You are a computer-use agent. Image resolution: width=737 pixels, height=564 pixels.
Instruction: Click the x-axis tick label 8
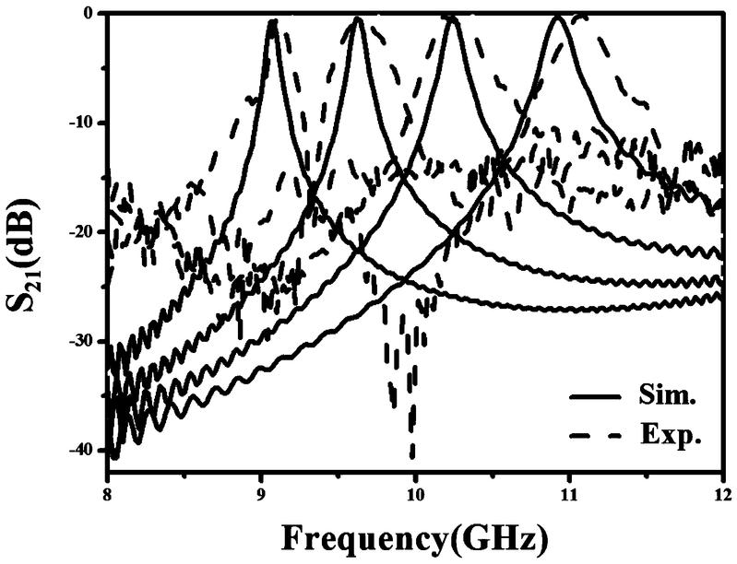[x=108, y=492]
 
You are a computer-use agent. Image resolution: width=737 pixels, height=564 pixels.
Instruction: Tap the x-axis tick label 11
[x=568, y=492]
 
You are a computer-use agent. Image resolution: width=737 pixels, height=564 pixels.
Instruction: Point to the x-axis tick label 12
[x=721, y=492]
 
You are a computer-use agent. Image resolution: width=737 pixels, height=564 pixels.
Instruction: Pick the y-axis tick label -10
[x=81, y=122]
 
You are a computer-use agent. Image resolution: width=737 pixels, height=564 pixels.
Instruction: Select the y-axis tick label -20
[x=81, y=231]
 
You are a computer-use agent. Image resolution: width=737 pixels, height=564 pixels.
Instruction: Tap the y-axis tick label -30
[x=81, y=340]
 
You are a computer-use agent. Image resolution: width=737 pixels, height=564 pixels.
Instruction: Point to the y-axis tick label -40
[x=81, y=449]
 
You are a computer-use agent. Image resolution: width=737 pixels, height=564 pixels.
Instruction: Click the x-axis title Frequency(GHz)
[x=414, y=536]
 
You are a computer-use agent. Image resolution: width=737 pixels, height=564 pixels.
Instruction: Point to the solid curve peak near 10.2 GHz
[x=451, y=18]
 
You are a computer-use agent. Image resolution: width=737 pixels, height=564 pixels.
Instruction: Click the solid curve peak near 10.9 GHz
[x=558, y=18]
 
